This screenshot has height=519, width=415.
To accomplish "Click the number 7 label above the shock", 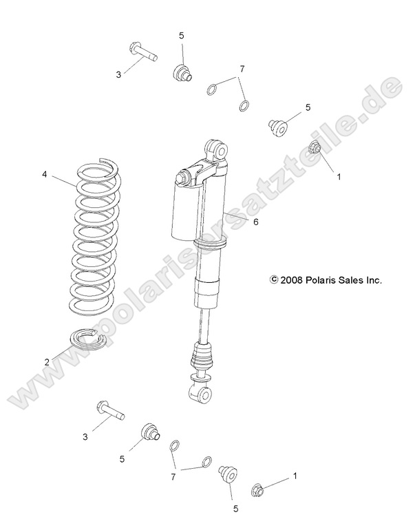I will click(242, 69).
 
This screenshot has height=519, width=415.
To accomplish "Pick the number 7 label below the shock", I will click(173, 476).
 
